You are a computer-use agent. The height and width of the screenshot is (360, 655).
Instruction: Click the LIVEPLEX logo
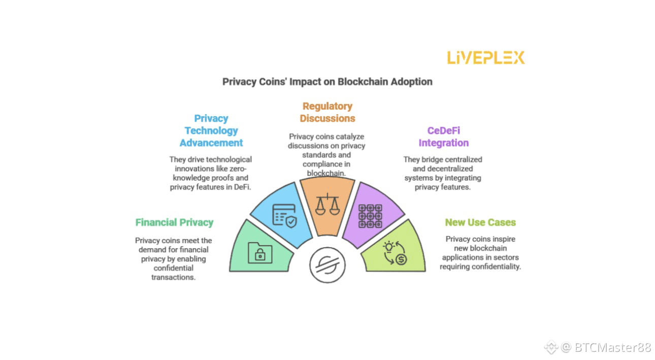[485, 57]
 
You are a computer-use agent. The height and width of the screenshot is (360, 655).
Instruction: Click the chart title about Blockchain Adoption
[327, 81]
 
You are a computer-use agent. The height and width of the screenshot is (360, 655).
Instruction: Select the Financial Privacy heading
[174, 222]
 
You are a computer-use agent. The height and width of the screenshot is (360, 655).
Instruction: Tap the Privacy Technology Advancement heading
[211, 130]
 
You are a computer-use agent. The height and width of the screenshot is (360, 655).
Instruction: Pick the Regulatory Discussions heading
[327, 112]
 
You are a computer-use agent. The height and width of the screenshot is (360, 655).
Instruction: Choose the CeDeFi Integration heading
[443, 137]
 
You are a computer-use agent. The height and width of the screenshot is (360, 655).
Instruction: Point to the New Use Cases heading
[480, 222]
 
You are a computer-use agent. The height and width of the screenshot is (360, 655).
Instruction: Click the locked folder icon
[260, 252]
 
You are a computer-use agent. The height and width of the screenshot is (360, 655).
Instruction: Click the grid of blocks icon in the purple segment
[370, 216]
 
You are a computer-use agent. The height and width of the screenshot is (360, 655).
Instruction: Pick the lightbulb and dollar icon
[395, 253]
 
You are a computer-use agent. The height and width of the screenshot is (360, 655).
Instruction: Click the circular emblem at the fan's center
[327, 266]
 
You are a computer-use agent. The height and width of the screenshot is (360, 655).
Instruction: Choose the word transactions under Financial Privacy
[173, 277]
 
